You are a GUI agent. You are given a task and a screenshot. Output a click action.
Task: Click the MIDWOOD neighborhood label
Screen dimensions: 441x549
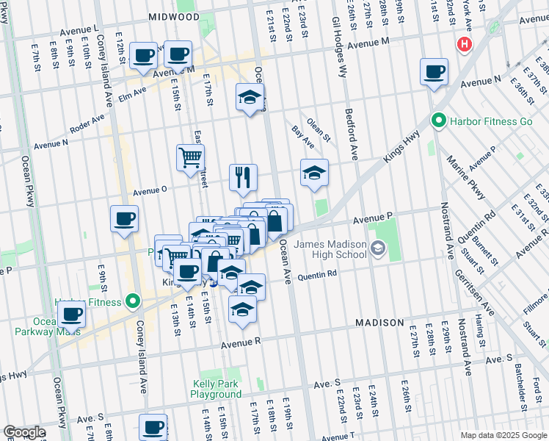tap(173, 15)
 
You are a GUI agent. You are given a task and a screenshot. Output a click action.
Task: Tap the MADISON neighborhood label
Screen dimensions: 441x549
tap(379, 323)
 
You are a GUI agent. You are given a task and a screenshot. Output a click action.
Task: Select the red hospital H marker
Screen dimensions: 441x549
tap(463, 44)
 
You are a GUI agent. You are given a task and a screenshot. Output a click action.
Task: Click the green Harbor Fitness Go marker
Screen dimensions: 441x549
tap(439, 120)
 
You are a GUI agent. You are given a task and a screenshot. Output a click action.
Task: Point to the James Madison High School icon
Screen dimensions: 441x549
tap(378, 249)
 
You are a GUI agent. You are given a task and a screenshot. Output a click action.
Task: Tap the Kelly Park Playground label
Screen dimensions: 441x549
tap(217, 389)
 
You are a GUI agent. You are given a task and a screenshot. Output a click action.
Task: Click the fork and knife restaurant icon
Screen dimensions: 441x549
tap(244, 177)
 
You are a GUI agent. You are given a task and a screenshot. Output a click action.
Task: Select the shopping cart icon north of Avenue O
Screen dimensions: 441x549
tap(190, 157)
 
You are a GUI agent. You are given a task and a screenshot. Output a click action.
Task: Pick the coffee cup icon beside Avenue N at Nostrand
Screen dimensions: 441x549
tap(435, 72)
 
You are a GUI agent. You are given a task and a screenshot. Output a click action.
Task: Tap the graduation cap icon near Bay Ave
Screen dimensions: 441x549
tap(314, 173)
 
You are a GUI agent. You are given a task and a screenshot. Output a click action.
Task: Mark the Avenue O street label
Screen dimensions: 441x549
tap(150, 189)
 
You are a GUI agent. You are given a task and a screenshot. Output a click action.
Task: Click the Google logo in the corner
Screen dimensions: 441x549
tap(24, 431)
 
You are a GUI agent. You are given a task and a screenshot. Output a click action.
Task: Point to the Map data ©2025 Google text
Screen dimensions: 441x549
tap(503, 435)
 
